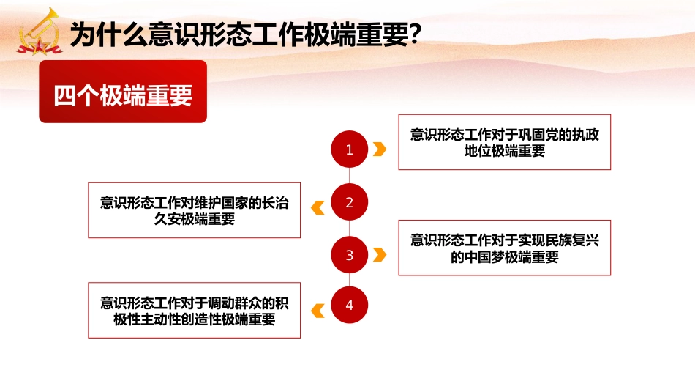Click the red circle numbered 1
[349, 150]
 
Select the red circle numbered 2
[349, 203]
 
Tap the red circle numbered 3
[349, 255]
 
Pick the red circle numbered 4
[349, 306]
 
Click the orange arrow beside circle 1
[379, 150]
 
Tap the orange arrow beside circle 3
[379, 255]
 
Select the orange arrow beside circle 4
[318, 311]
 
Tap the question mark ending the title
[415, 34]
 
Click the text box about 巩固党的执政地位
[504, 142]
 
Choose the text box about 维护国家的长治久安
[194, 210]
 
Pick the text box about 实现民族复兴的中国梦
[504, 248]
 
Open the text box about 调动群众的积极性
[194, 311]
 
